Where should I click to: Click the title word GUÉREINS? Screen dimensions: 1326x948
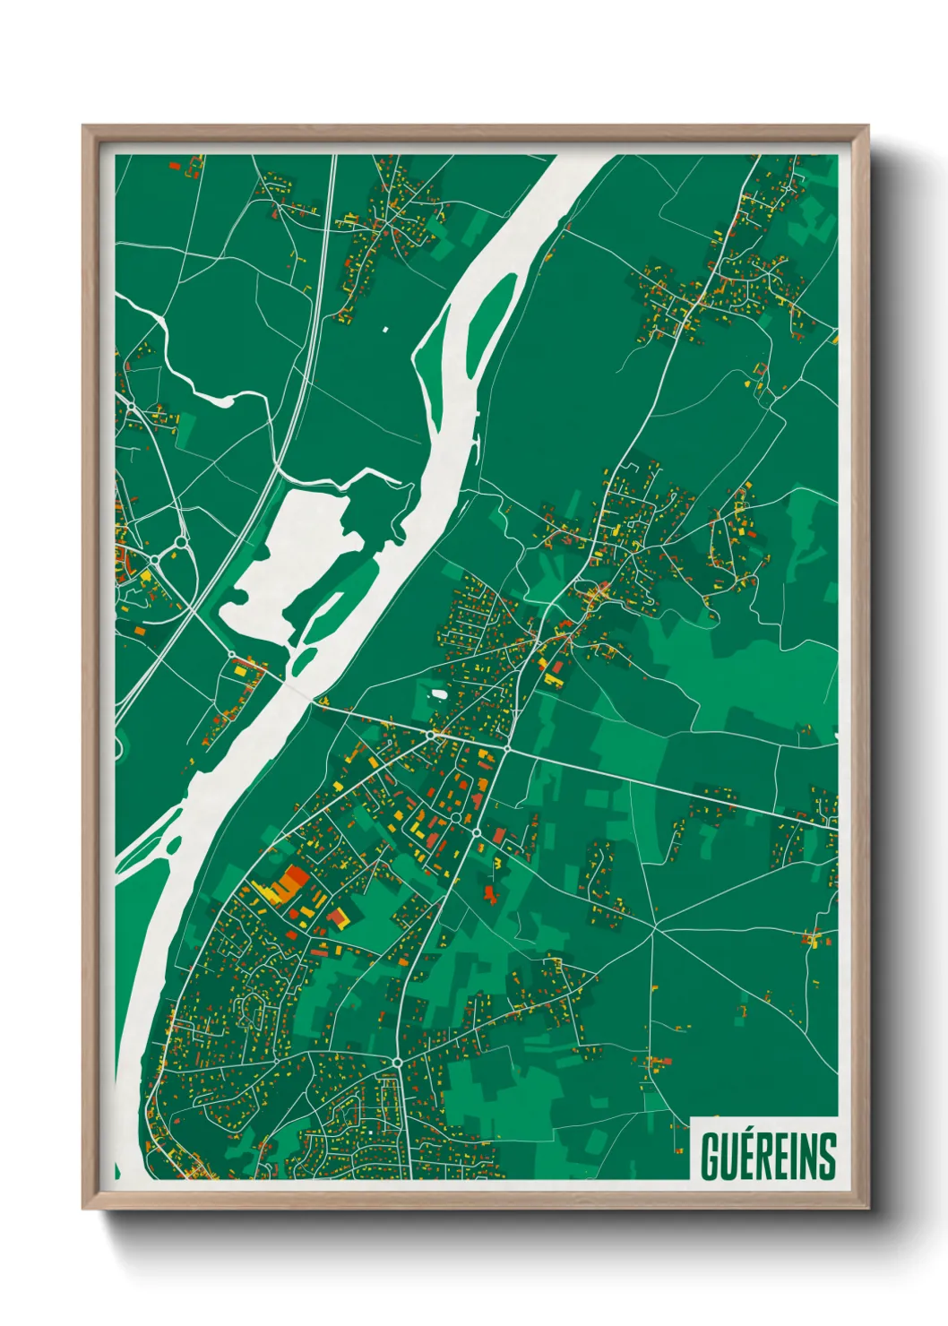point(768,1156)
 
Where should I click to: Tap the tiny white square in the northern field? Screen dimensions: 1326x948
point(386,330)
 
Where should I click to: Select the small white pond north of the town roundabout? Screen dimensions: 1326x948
point(439,693)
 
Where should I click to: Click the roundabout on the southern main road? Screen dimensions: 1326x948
point(396,1063)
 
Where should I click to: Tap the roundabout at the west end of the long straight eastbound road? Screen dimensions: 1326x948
point(507,748)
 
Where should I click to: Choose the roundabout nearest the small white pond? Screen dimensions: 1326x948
point(432,735)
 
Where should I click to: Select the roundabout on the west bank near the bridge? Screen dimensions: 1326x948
point(231,655)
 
